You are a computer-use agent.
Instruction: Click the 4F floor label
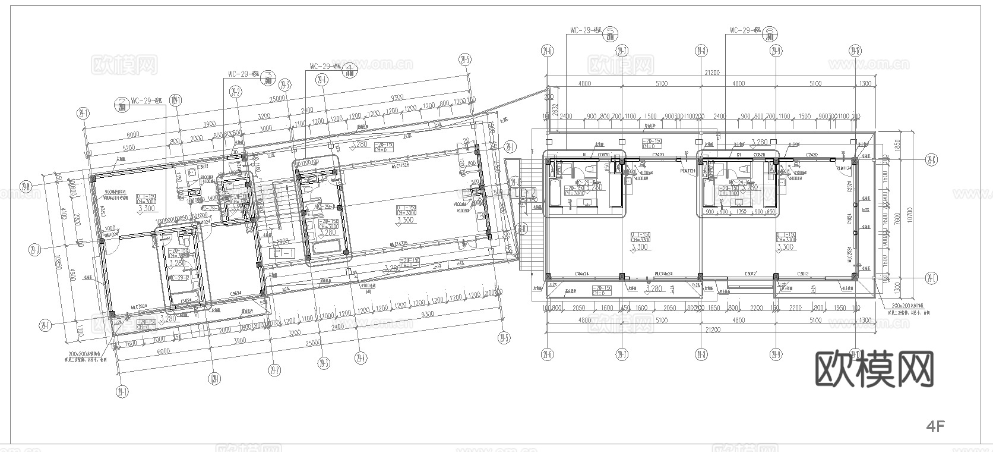935,426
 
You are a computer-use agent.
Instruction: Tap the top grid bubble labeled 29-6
547,51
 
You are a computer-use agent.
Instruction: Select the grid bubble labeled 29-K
930,159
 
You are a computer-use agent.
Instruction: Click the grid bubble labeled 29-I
930,278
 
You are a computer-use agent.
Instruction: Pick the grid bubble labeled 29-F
44,325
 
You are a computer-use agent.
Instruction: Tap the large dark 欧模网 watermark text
874,369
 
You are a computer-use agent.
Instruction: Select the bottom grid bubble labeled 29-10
855,354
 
